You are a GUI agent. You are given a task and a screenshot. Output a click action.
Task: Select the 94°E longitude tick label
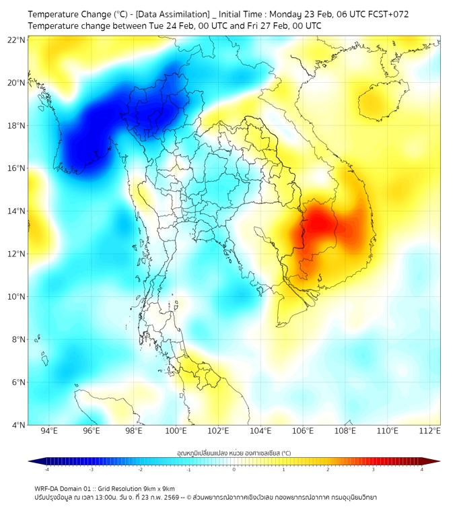click(x=49, y=431)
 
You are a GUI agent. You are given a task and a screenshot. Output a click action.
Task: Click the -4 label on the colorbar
click(x=46, y=469)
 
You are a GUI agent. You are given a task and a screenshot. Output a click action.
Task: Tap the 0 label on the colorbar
click(x=234, y=469)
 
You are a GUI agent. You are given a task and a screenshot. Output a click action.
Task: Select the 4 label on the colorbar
click(x=421, y=469)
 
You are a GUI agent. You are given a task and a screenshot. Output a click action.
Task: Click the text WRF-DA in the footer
click(x=48, y=488)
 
